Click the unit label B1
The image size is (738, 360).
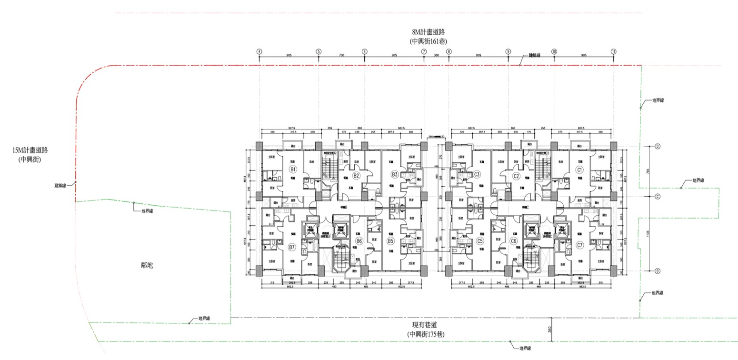pyautogui.click(x=293, y=170)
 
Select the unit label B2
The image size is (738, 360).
pyautogui.click(x=356, y=176)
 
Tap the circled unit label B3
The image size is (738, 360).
pyautogui.click(x=394, y=174)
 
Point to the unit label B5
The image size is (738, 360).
pyautogui.click(x=390, y=241)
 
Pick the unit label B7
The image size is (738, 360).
pyautogui.click(x=292, y=247)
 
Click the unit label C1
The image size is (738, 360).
pyautogui.click(x=579, y=170)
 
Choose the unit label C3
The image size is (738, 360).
pyautogui.click(x=477, y=175)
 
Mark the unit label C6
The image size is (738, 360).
pyautogui.click(x=513, y=241)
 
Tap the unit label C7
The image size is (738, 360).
pyautogui.click(x=579, y=245)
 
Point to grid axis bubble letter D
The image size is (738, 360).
pyautogui.click(x=657, y=146)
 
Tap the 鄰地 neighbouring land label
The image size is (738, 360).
pyautogui.click(x=147, y=265)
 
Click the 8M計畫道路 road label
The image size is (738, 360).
pyautogui.click(x=429, y=32)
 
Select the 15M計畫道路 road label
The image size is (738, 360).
pyautogui.click(x=30, y=150)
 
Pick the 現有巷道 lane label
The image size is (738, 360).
pyautogui.click(x=426, y=325)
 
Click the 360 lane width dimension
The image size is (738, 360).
pyautogui.click(x=549, y=330)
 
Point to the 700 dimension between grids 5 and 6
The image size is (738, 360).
pyautogui.click(x=341, y=55)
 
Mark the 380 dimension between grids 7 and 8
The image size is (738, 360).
pyautogui.click(x=436, y=55)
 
